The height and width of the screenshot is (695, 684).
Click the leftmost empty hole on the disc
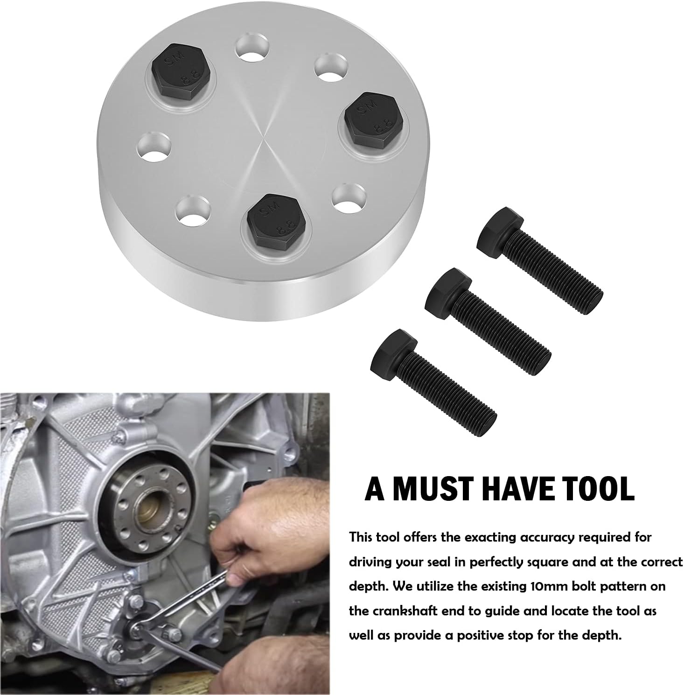(155, 144)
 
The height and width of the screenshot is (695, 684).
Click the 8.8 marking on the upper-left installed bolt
(195, 74)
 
